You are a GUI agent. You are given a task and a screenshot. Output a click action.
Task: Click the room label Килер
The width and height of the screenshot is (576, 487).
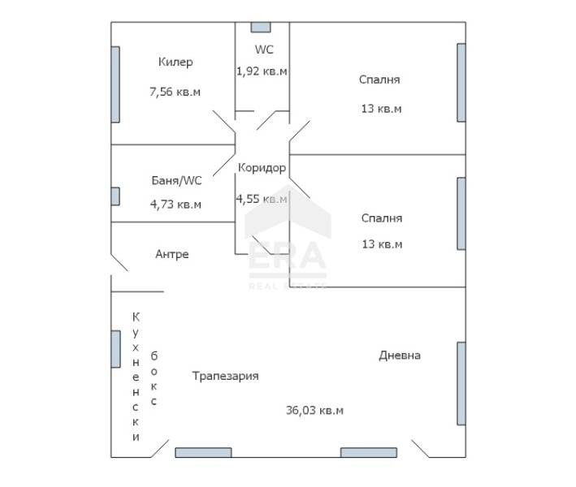[175, 62]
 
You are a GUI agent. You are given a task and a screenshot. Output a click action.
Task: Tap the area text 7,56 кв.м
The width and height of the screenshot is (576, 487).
[175, 92]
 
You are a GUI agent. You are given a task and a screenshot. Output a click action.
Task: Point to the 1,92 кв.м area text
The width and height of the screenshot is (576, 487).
[262, 71]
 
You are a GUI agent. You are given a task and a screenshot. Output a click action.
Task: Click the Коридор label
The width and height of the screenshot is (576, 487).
[262, 168]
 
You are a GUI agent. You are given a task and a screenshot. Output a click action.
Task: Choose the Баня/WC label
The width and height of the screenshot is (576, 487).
[175, 180]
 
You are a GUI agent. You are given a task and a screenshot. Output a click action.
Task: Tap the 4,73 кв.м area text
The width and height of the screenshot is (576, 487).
[175, 204]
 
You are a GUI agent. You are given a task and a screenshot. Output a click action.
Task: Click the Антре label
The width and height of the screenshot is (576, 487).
[171, 254]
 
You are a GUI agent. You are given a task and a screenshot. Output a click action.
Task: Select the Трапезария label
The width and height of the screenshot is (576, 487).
[225, 376]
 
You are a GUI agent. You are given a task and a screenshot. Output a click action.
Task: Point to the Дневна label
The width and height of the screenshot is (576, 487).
[399, 355]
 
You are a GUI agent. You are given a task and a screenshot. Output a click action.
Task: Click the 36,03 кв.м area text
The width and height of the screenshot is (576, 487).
[314, 411]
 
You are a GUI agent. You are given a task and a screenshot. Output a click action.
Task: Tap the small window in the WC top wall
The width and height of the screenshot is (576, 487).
[261, 27]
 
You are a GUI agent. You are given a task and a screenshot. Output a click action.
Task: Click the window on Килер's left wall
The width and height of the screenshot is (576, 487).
[115, 84]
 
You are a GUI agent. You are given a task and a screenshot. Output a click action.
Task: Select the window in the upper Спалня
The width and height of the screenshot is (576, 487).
[461, 81]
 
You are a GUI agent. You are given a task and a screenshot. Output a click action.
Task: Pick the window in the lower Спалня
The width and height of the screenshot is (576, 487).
[461, 213]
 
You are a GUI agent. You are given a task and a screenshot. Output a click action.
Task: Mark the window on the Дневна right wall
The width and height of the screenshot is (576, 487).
[461, 384]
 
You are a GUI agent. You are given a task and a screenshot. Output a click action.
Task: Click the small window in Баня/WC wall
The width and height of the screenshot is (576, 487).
[115, 196]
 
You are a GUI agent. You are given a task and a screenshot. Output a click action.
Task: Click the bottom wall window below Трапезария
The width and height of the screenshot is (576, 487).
[203, 452]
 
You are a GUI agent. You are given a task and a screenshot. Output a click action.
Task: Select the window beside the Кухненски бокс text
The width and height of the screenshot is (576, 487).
[115, 349]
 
